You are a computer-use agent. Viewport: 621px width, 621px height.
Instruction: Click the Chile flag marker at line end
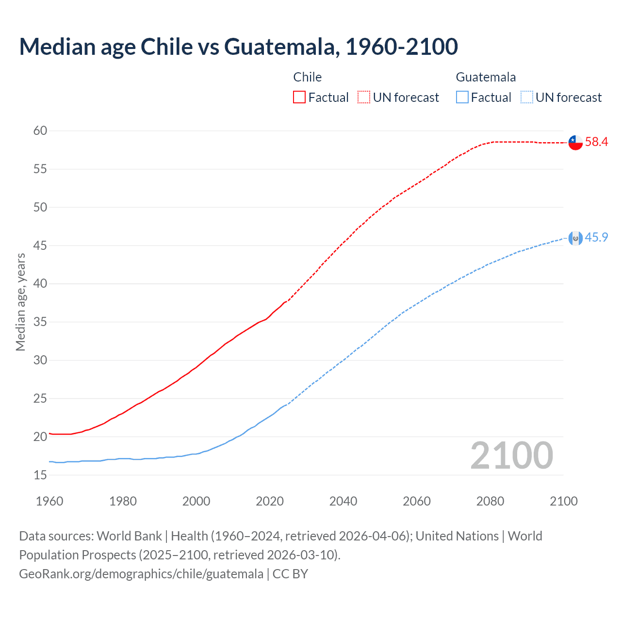pos(575,143)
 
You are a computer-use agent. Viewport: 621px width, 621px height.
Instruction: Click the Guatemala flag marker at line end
pos(575,238)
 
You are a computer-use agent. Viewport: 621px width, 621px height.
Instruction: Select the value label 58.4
pos(596,142)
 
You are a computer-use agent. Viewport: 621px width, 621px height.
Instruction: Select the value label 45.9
pos(596,237)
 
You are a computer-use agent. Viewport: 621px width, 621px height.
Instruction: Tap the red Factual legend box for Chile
pos(299,98)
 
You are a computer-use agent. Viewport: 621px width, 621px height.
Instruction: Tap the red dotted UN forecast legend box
pos(364,98)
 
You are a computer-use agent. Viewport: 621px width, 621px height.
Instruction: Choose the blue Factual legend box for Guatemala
pos(462,98)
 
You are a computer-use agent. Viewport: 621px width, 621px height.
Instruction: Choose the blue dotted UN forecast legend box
pos(526,98)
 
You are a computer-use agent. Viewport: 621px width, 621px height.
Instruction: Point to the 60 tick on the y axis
pos(40,131)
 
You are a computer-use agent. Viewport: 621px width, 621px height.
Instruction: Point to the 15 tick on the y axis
pos(40,475)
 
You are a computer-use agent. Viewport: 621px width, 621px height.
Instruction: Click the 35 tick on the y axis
pos(40,322)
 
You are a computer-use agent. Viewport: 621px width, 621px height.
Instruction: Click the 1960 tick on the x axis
pos(49,501)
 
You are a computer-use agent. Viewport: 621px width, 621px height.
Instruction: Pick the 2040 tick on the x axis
pos(343,501)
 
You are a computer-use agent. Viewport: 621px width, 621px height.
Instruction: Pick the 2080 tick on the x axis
pos(490,501)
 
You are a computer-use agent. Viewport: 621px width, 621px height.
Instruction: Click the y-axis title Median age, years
pos(20,302)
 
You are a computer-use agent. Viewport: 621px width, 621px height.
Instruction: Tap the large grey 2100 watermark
pos(511,456)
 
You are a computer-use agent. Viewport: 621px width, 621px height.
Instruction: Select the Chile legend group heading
pos(308,77)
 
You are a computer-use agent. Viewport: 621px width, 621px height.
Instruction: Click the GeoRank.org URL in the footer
pos(141,574)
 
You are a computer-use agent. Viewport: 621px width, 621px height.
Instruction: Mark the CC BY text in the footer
pos(290,574)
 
